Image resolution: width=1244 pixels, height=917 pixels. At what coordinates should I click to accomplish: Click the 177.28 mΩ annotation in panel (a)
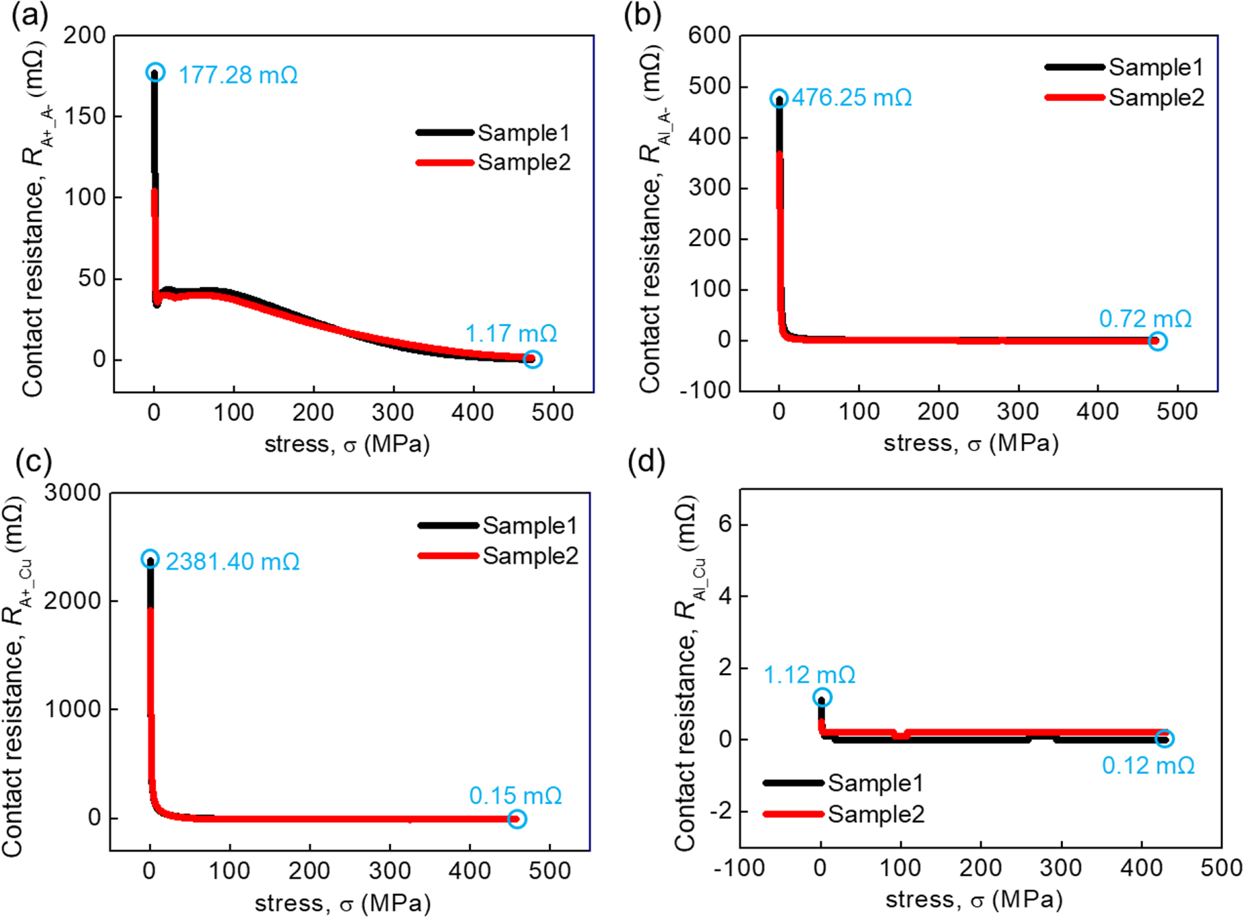(x=237, y=75)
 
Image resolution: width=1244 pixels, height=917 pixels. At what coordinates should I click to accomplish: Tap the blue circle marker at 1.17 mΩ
(x=532, y=359)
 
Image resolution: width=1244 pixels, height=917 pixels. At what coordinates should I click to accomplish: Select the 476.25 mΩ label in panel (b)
(x=852, y=98)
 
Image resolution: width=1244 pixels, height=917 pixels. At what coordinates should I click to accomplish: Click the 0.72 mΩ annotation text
(x=1145, y=319)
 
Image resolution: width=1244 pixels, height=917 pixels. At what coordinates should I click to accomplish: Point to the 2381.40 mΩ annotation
(x=232, y=562)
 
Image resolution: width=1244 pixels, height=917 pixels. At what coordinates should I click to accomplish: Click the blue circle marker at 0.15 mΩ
(x=517, y=819)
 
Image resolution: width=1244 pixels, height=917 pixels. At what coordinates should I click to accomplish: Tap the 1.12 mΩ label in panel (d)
(x=809, y=675)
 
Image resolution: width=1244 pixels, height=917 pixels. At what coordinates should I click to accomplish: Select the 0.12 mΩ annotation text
(x=1148, y=766)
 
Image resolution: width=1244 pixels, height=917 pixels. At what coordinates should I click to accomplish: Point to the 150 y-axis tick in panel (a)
(x=85, y=116)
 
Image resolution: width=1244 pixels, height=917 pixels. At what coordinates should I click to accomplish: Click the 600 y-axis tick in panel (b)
(x=709, y=36)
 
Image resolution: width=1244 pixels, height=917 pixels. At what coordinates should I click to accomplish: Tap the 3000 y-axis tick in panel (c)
(x=72, y=493)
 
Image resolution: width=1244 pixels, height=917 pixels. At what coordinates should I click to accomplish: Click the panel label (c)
(x=33, y=462)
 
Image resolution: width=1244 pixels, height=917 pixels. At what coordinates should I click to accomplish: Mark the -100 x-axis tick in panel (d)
(x=739, y=868)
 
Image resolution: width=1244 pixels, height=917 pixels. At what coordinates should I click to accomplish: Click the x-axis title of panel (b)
(x=971, y=444)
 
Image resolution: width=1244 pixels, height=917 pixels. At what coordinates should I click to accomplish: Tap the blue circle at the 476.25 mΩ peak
(x=779, y=99)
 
